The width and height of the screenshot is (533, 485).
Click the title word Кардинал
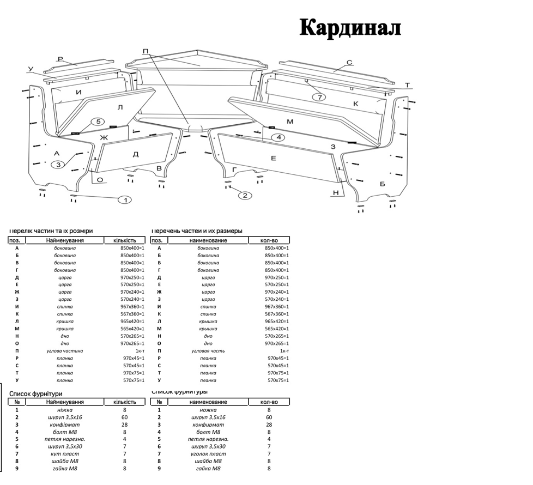click(x=350, y=28)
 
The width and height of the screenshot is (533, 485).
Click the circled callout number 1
click(x=125, y=200)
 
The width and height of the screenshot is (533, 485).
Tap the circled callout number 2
click(x=245, y=196)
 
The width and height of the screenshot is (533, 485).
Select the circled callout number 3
click(x=58, y=164)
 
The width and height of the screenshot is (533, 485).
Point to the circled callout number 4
click(x=278, y=137)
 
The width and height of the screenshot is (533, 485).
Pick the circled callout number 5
click(x=97, y=122)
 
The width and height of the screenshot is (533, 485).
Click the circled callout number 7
click(x=319, y=97)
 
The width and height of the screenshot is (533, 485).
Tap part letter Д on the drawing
click(x=136, y=154)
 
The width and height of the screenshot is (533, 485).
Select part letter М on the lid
click(x=290, y=122)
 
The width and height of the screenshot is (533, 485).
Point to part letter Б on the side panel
click(x=382, y=184)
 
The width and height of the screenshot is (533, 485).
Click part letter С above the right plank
click(x=349, y=63)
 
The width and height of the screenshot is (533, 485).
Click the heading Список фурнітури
click(x=35, y=393)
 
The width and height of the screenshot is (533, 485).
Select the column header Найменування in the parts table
click(x=65, y=240)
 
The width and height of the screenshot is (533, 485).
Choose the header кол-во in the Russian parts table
click(x=269, y=240)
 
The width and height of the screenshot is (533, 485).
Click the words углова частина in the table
click(x=65, y=351)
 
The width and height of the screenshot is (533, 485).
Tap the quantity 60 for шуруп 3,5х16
click(x=124, y=417)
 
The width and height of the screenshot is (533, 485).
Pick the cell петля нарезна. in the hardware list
click(x=65, y=439)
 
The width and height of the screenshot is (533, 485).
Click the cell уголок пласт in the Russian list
click(x=208, y=454)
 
